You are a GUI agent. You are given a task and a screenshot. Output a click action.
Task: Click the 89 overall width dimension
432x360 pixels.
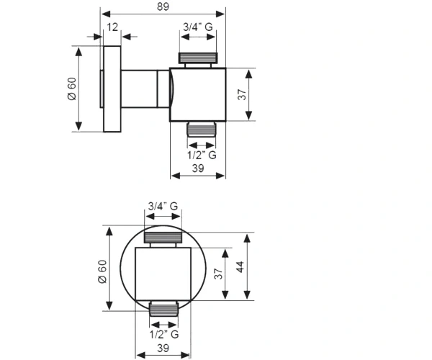(163, 6)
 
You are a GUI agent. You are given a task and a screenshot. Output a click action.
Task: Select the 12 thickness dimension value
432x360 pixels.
(112, 27)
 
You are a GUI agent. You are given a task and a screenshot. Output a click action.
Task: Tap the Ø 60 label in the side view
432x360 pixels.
(72, 89)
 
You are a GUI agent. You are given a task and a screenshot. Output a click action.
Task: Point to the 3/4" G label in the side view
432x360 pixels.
(198, 27)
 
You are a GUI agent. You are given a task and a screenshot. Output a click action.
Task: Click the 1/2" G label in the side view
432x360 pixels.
(202, 155)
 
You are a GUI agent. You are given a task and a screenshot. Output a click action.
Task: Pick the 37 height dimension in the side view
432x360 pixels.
(242, 94)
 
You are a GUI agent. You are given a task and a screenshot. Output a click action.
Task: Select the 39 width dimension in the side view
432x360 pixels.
(198, 168)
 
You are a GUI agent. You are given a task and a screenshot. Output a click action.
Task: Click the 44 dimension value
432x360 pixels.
(240, 267)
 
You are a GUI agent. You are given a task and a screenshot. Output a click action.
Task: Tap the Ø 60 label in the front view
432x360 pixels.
(102, 271)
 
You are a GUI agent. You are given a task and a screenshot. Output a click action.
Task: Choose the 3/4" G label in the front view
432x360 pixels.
(163, 206)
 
